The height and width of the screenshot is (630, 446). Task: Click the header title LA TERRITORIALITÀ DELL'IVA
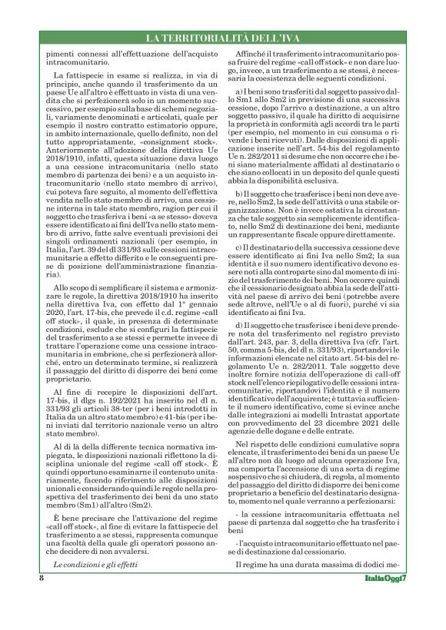(x=223, y=38)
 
